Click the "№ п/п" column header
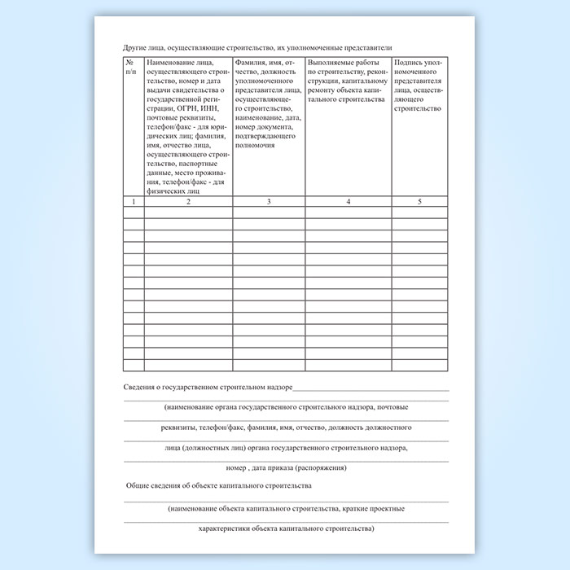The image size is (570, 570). (133, 66)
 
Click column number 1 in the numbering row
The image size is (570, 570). (134, 202)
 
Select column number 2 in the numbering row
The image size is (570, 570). (188, 202)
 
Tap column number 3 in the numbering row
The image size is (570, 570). (269, 202)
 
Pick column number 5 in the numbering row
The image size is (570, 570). (419, 202)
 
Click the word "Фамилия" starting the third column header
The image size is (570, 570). (249, 62)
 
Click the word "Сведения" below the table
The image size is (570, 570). (142, 387)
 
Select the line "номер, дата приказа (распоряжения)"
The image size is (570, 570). (287, 467)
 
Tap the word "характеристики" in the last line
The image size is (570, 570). (225, 528)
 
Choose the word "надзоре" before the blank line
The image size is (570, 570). (278, 387)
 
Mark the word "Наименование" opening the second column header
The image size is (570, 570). (172, 62)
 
